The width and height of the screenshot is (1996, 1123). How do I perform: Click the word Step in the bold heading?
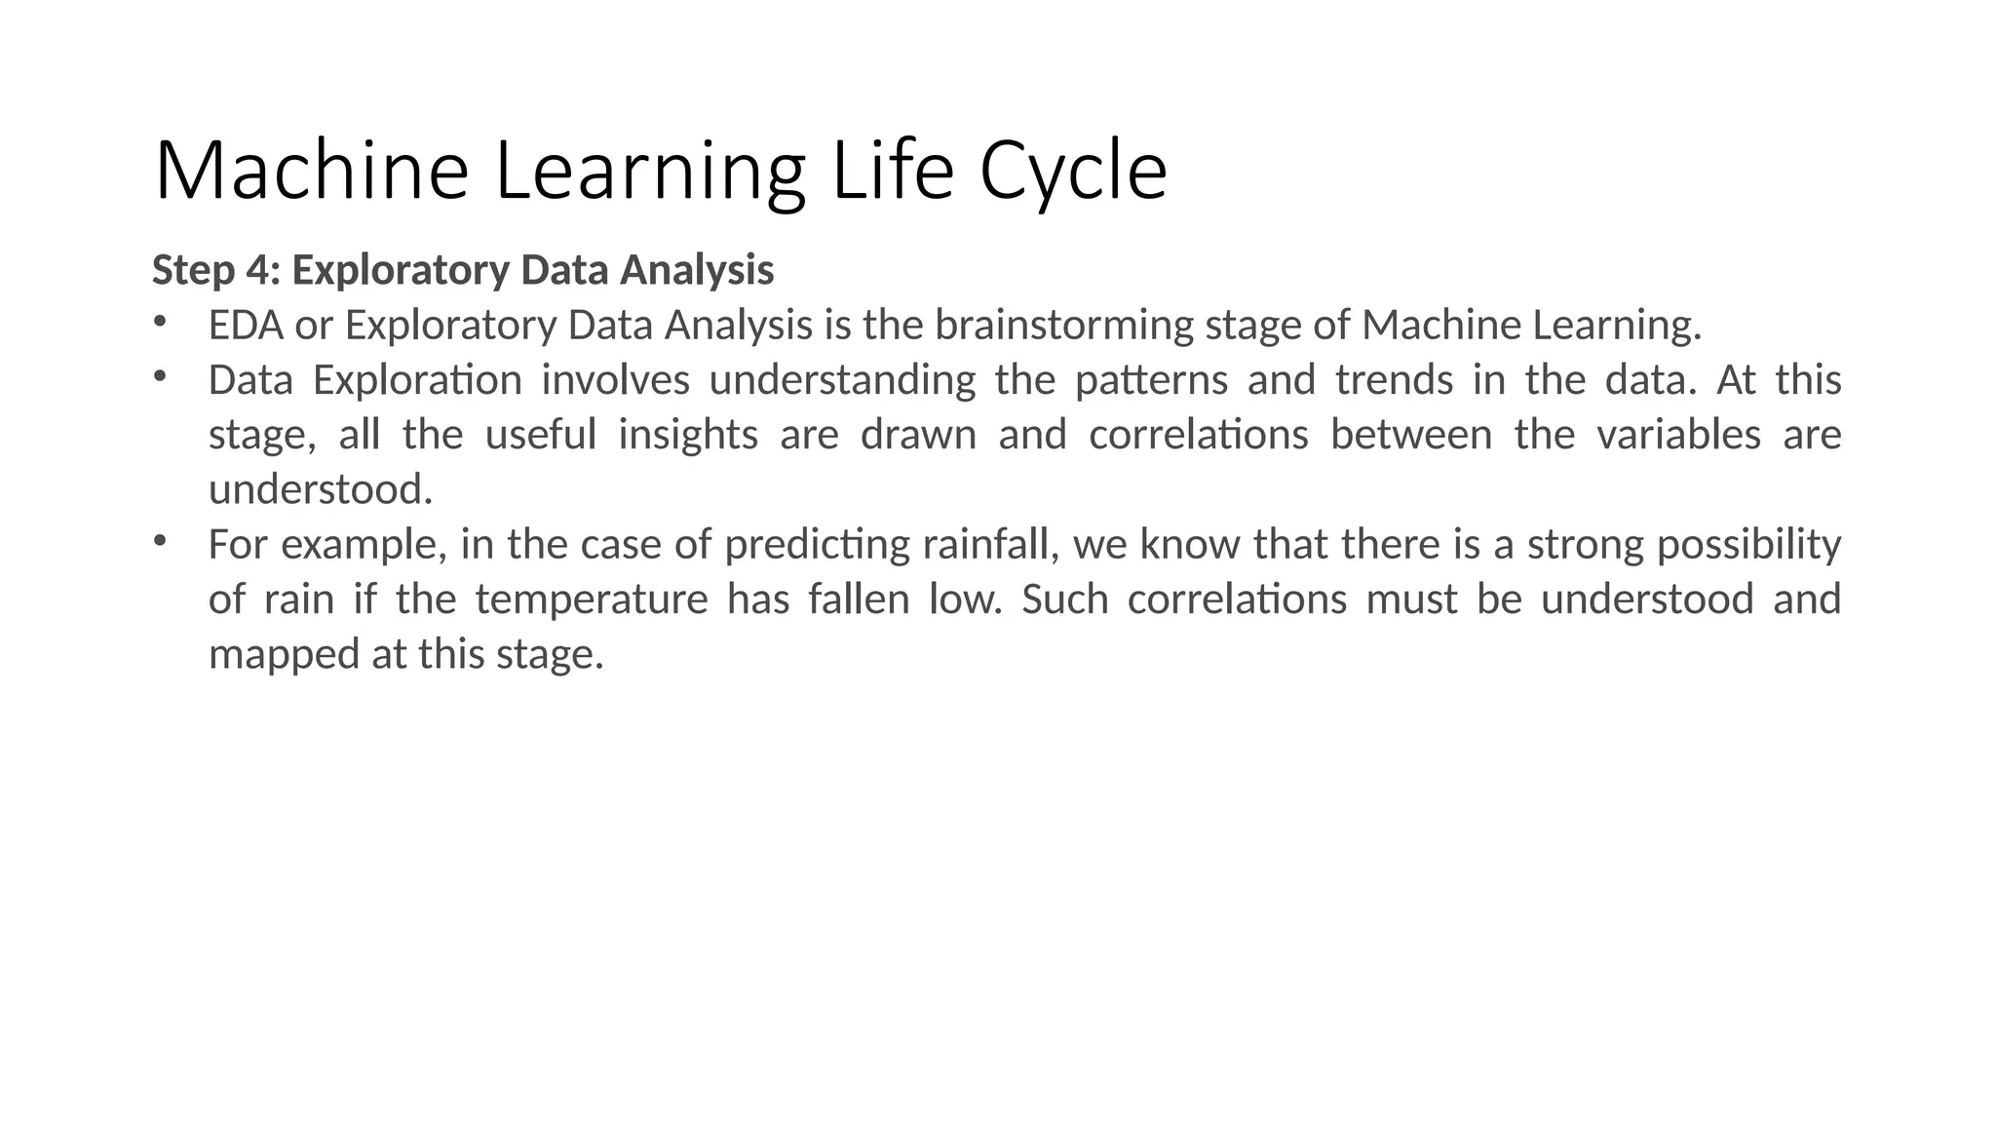pyautogui.click(x=193, y=271)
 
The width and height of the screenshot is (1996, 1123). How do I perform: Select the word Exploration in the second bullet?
pyautogui.click(x=417, y=379)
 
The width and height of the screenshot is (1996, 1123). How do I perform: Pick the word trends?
pyautogui.click(x=1394, y=379)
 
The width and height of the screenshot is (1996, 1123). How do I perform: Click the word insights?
pyautogui.click(x=688, y=434)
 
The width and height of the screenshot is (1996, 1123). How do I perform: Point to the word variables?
pyautogui.click(x=1678, y=434)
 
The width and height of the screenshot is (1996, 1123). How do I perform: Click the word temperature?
pyautogui.click(x=592, y=599)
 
